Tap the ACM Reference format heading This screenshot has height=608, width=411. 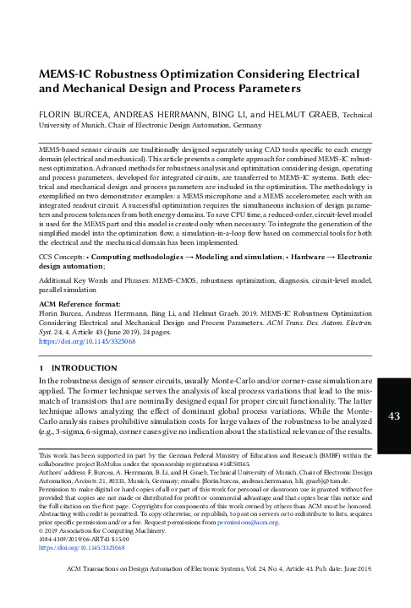coord(82,309)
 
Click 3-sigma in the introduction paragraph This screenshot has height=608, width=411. coord(66,432)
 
